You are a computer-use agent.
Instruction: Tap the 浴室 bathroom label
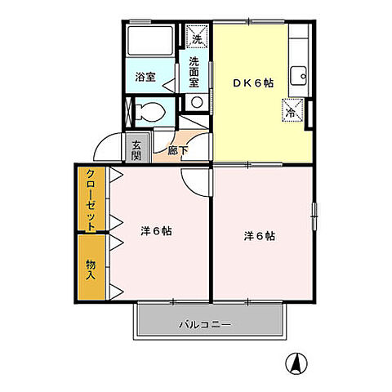[145, 78]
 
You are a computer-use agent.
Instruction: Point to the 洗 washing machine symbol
[196, 38]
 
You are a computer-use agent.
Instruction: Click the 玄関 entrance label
[136, 151]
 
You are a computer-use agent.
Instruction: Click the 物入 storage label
[91, 269]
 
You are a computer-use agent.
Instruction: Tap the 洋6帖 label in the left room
[155, 230]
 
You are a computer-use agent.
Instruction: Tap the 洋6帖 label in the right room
[259, 236]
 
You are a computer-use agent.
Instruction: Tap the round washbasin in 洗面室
[197, 101]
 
